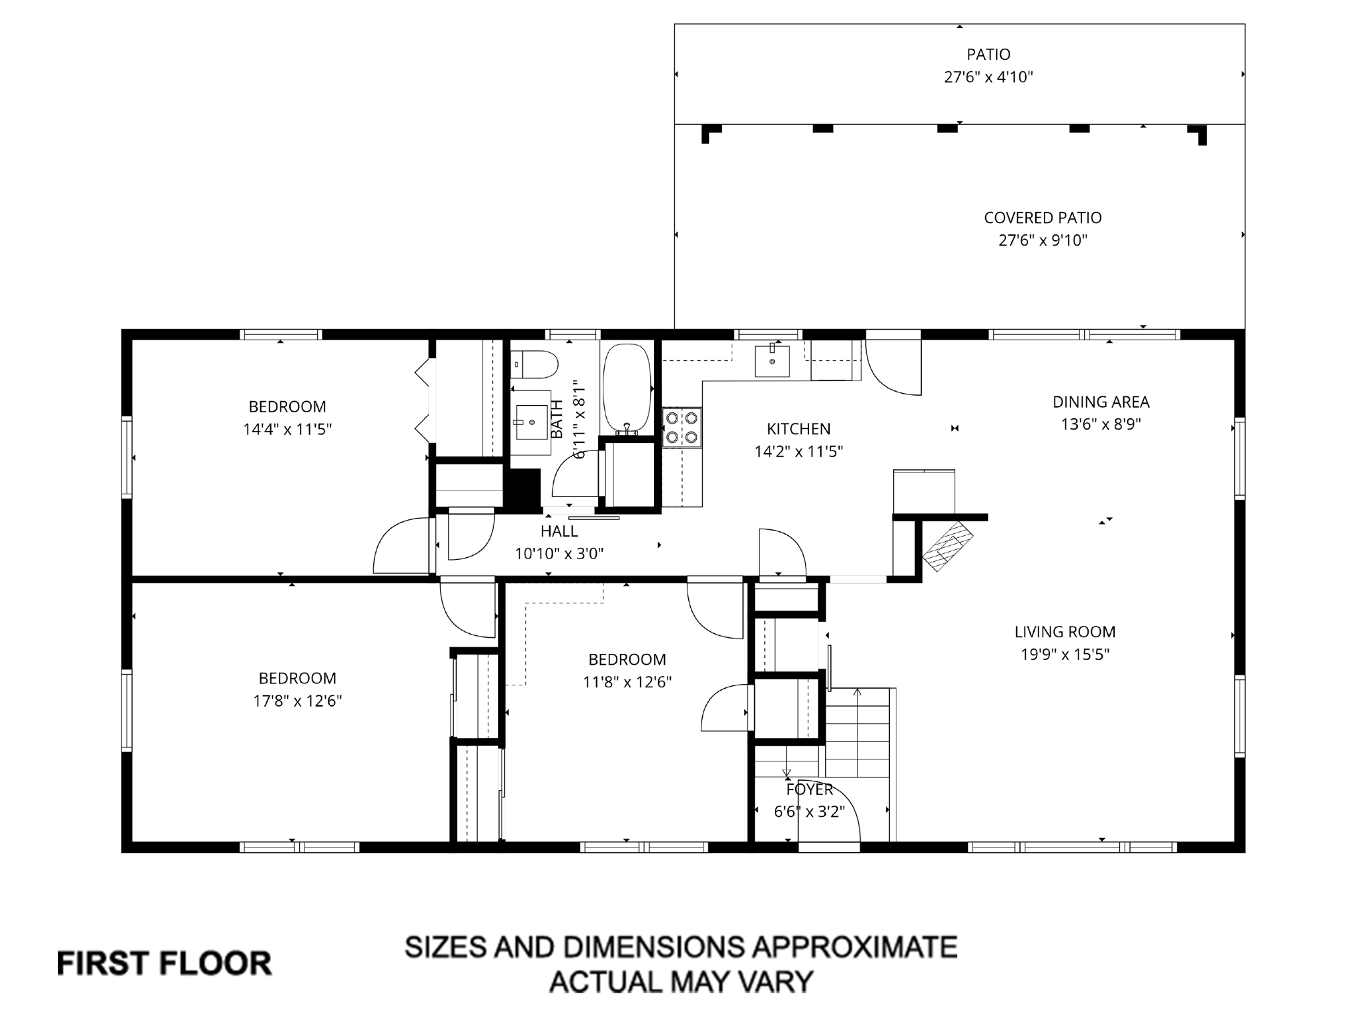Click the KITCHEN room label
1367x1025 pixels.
tap(798, 429)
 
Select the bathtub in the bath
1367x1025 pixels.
tap(626, 389)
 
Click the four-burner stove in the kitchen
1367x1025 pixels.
tap(681, 428)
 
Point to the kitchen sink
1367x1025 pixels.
tap(772, 361)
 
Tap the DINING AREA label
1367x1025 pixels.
tap(1101, 402)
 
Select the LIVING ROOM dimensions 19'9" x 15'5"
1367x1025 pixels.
tap(1065, 655)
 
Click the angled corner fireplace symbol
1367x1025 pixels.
tap(947, 545)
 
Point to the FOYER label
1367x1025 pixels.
tap(809, 790)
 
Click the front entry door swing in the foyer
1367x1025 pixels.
tap(831, 811)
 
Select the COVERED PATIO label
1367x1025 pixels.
tap(1043, 218)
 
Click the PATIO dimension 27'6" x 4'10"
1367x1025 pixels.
tap(988, 77)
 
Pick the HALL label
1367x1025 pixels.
tap(559, 532)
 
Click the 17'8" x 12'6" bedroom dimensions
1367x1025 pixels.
tap(297, 701)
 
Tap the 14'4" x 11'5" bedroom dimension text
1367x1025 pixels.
tap(287, 430)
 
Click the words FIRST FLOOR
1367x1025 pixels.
tap(164, 964)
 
